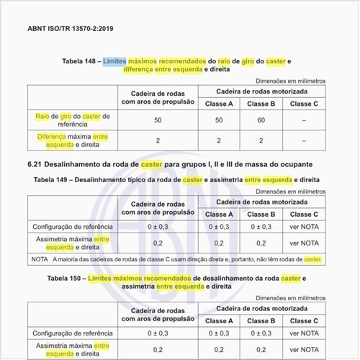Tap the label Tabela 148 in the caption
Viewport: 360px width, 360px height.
pyautogui.click(x=78, y=62)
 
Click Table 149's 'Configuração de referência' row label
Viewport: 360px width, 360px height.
pyautogui.click(x=71, y=227)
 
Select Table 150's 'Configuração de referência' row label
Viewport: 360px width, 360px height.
pyautogui.click(x=71, y=333)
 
